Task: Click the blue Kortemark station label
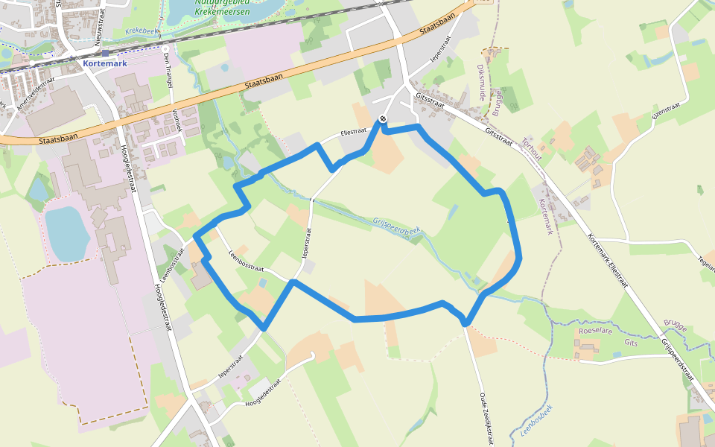106,64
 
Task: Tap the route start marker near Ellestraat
383,118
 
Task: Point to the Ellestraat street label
353,131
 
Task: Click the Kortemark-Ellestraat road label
607,261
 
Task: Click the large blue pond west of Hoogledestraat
66,232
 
